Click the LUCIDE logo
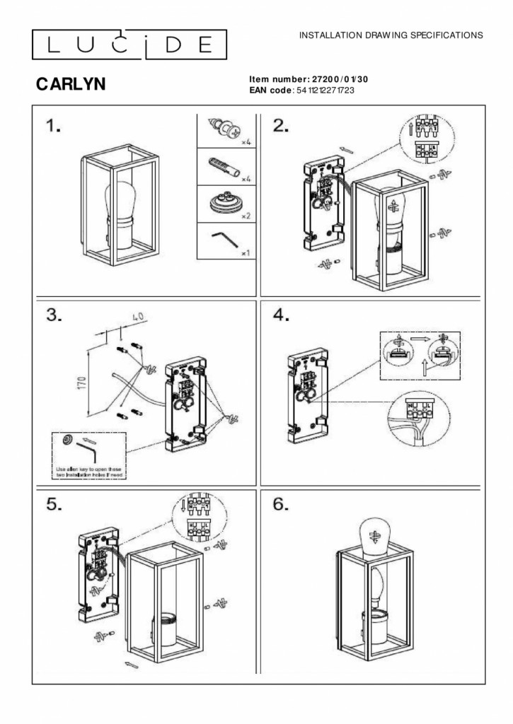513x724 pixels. (129, 45)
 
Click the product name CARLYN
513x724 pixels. (71, 85)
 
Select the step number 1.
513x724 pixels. (54, 126)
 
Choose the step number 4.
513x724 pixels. (281, 315)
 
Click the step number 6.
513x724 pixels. (281, 504)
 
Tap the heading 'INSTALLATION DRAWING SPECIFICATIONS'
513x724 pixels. (391, 34)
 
